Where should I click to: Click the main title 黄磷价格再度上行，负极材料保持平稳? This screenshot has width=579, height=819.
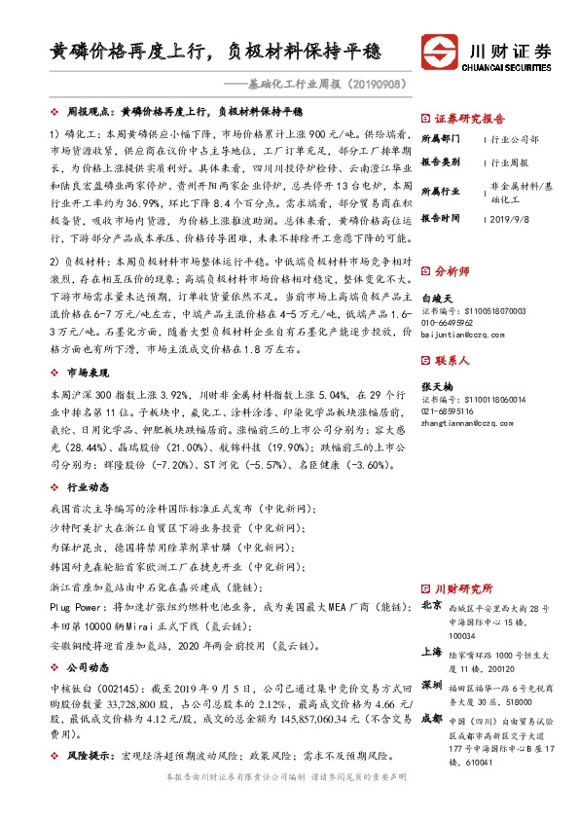click(215, 51)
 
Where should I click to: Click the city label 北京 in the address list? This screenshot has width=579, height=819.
click(431, 605)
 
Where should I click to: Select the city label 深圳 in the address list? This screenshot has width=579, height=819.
click(431, 684)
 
